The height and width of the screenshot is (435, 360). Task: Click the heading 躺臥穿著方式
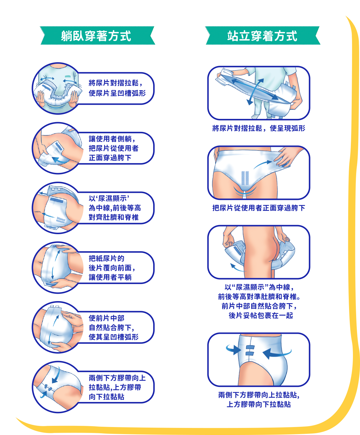[x=96, y=36]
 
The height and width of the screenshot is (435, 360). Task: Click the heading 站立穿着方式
[x=262, y=36]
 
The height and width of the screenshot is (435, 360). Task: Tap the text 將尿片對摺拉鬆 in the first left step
[x=114, y=83]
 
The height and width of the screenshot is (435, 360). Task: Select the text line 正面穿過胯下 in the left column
[x=110, y=158]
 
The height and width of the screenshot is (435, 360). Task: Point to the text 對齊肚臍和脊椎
[x=114, y=217]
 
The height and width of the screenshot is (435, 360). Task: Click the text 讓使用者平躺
[x=110, y=277]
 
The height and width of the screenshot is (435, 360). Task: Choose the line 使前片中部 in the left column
[x=107, y=318]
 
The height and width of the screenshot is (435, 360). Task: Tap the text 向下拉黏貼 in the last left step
[x=107, y=397]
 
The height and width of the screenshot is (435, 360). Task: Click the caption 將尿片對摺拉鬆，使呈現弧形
[x=259, y=128]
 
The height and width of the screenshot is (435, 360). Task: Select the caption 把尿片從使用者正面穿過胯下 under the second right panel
[x=259, y=208]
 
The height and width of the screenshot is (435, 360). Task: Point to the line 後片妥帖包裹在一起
[x=261, y=315]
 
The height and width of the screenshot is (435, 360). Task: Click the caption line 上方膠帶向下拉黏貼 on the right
[x=259, y=404]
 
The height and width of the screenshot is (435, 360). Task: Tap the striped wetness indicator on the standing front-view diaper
[x=245, y=178]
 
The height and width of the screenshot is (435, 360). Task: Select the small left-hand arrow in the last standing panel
[x=233, y=350]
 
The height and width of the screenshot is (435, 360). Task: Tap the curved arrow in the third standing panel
[x=237, y=268]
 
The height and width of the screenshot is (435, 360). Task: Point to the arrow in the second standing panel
[x=263, y=165]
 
